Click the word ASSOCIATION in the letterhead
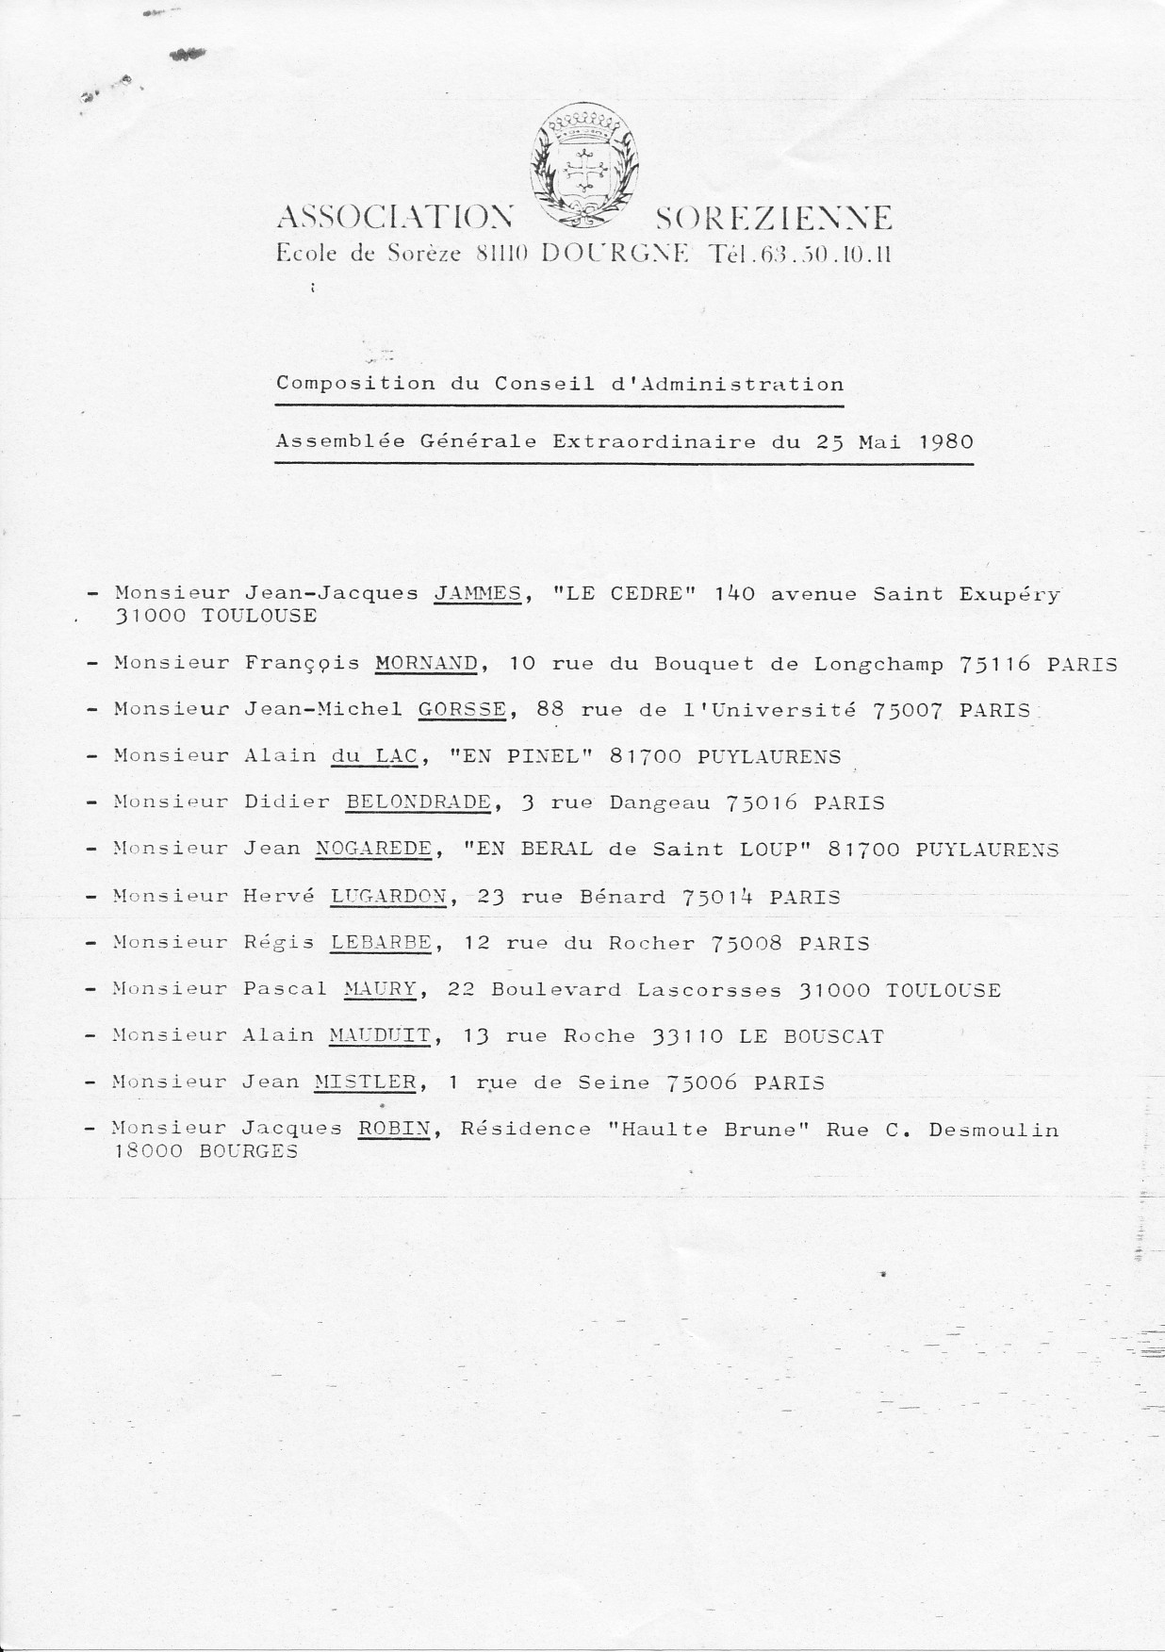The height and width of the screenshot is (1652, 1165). point(395,220)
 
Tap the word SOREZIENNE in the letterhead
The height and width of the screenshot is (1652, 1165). point(772,220)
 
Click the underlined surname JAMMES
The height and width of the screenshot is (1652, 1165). point(476,594)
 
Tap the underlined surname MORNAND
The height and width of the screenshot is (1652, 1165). point(426,663)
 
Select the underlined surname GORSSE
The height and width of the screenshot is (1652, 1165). point(462,710)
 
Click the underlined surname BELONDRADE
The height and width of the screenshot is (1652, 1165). point(418,802)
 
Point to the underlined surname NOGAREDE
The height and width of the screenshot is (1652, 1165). point(373,849)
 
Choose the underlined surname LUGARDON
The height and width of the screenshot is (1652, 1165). point(388,897)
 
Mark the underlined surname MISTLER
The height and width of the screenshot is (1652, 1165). point(365,1082)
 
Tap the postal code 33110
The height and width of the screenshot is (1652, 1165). point(688,1036)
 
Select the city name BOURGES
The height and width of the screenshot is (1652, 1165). point(249,1151)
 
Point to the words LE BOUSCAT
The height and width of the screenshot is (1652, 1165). point(812,1036)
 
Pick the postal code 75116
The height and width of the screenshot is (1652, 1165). point(995,664)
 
